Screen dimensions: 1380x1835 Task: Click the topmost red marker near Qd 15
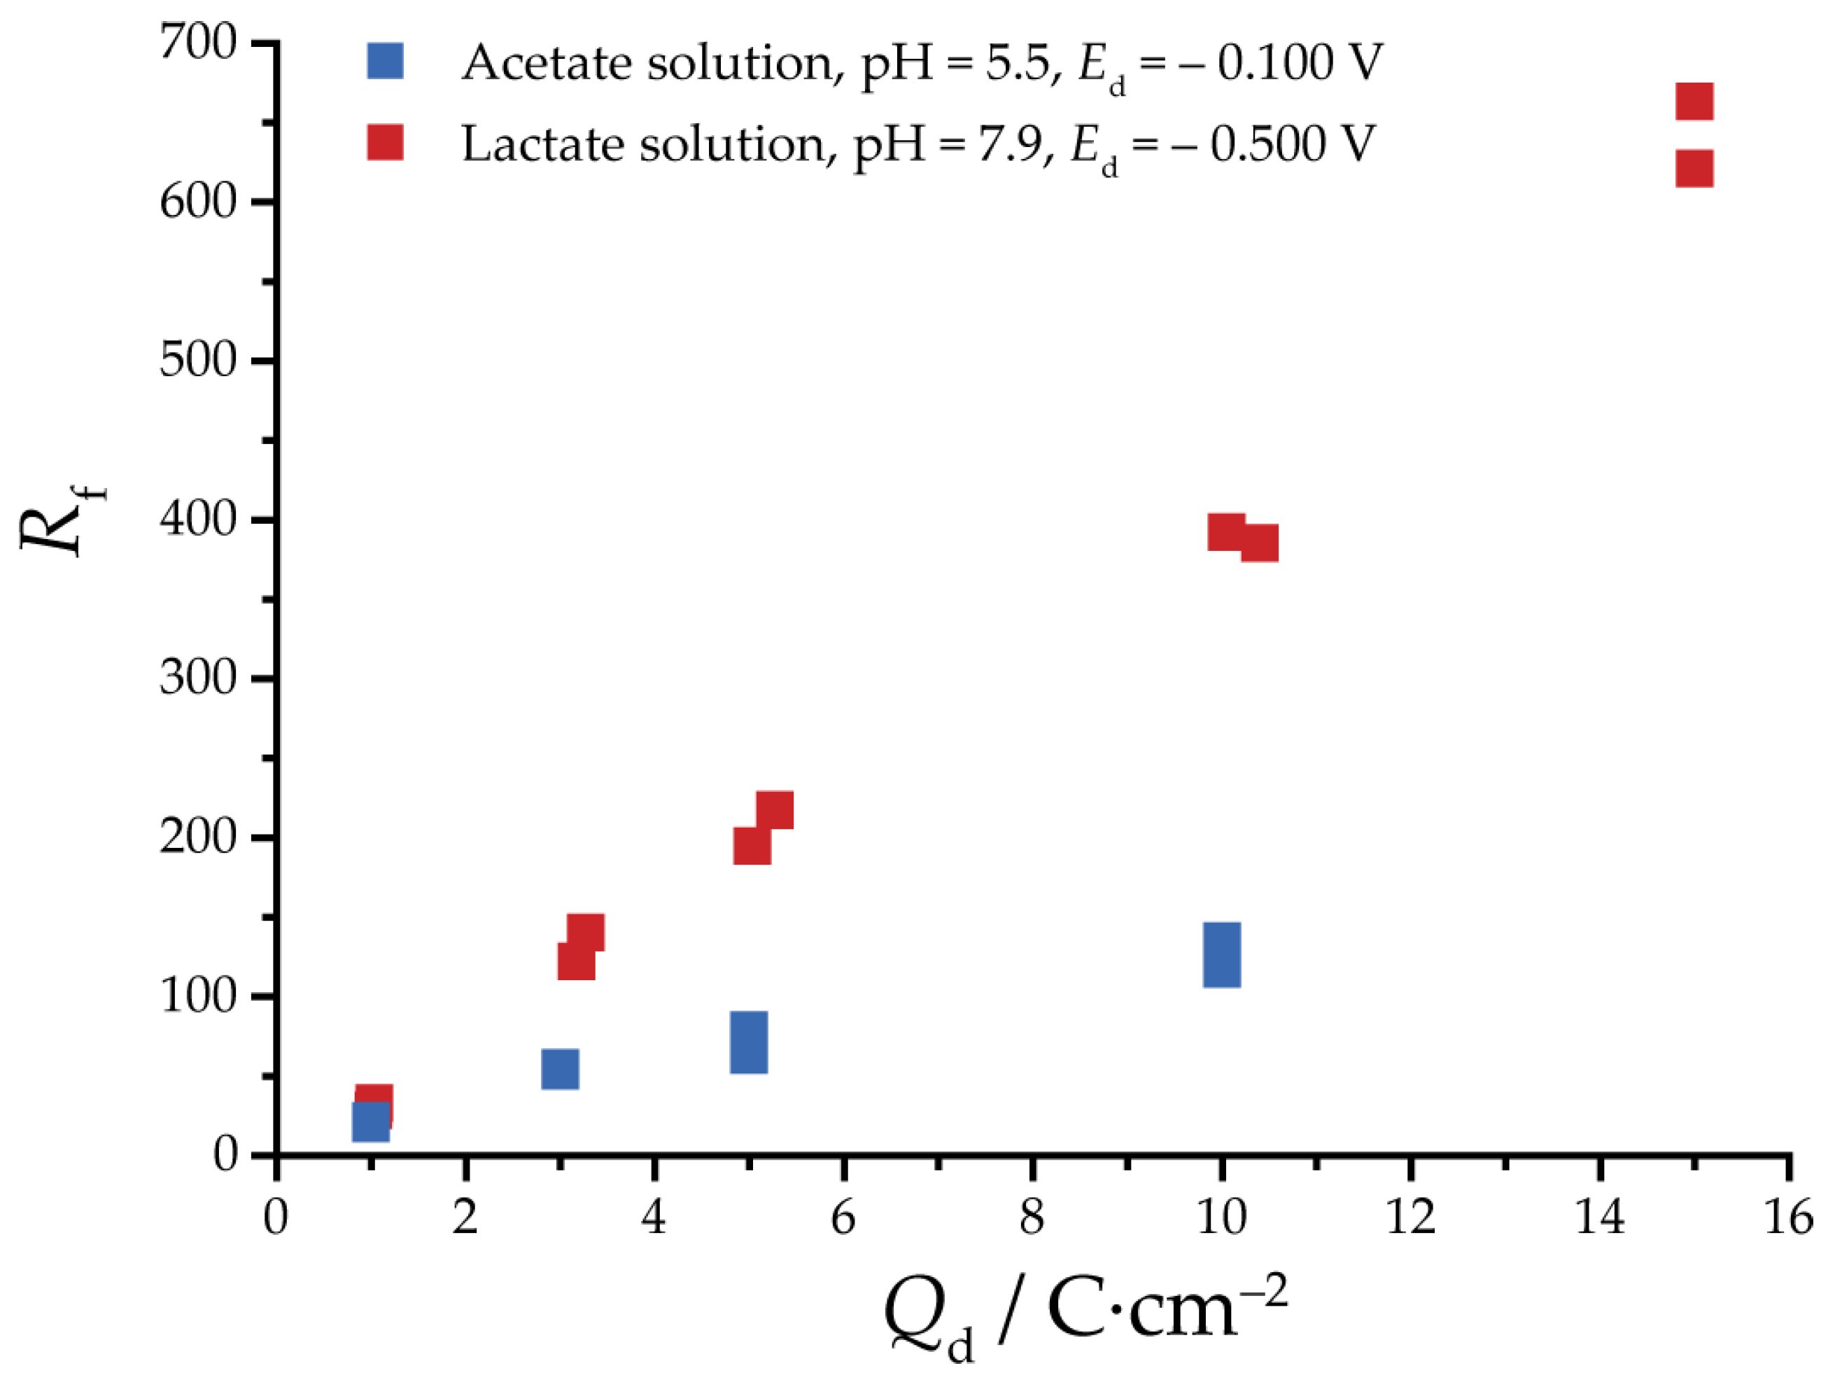point(1694,102)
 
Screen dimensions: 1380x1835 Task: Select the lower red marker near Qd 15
point(1694,169)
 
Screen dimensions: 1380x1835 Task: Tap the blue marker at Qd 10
point(1222,955)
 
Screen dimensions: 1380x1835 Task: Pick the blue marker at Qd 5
point(748,1043)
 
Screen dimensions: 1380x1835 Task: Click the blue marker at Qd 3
point(560,1069)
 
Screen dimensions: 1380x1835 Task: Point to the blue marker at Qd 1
point(370,1122)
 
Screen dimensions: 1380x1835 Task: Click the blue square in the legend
point(385,62)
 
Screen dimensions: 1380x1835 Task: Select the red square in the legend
point(385,143)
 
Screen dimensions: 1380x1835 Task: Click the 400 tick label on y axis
point(198,520)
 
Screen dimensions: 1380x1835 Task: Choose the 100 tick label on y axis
point(198,995)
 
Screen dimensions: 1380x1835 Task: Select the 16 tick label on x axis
point(1787,1218)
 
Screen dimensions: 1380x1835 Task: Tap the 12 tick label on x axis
point(1410,1218)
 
